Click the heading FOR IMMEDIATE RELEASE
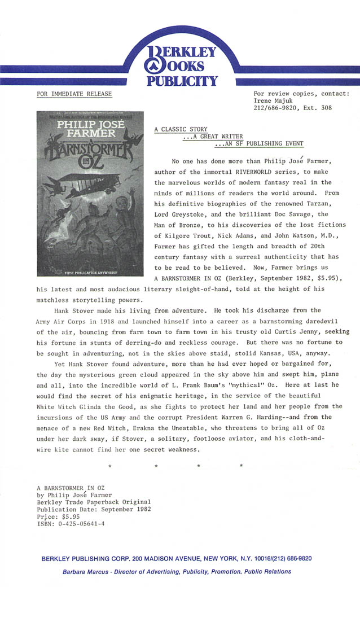[74, 94]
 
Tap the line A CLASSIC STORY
[181, 129]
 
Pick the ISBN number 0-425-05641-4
[81, 523]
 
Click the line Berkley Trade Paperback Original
[93, 502]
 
